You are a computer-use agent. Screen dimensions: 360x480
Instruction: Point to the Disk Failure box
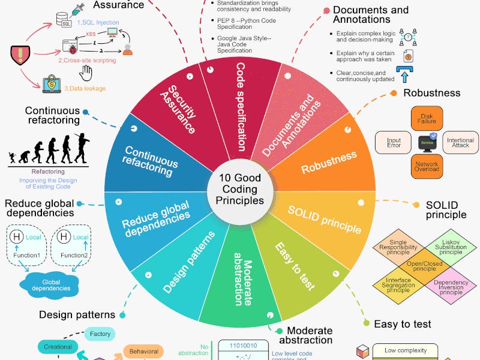point(427,118)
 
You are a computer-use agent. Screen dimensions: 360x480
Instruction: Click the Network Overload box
point(427,166)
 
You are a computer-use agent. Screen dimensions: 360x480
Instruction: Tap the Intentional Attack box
point(460,142)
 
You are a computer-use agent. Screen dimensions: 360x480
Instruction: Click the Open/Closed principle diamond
point(424,266)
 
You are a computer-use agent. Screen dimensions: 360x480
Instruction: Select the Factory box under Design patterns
point(100,334)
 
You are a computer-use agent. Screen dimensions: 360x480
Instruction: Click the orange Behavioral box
point(143,352)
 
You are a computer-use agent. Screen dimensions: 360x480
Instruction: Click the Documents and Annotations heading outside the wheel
point(370,14)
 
